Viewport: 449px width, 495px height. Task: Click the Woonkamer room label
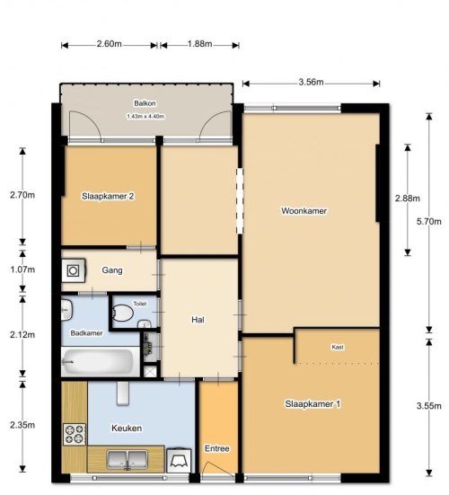tap(304, 210)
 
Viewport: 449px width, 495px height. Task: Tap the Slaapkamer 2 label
tap(108, 196)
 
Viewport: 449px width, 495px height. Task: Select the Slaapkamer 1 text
tap(313, 403)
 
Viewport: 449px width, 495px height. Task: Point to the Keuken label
tap(127, 429)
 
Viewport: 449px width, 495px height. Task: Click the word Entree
tap(217, 448)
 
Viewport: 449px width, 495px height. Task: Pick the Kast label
tap(338, 347)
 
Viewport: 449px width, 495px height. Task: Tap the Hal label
tap(198, 320)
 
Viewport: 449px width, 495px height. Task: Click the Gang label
tap(112, 270)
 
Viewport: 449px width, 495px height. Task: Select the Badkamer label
tap(86, 333)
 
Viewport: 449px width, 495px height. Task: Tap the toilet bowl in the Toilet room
tap(122, 313)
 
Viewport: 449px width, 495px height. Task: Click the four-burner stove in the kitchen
tap(75, 435)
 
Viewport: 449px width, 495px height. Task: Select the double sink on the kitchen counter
tap(127, 459)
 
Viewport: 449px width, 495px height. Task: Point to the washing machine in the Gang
tap(74, 270)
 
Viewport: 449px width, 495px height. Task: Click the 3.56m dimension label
tap(311, 82)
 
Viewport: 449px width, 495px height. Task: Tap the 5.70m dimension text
tap(429, 221)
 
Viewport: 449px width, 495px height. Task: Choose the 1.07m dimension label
tap(22, 270)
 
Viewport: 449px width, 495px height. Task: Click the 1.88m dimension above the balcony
tap(199, 43)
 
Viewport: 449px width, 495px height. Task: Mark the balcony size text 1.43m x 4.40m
tap(145, 117)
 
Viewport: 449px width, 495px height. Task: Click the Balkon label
tap(145, 103)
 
